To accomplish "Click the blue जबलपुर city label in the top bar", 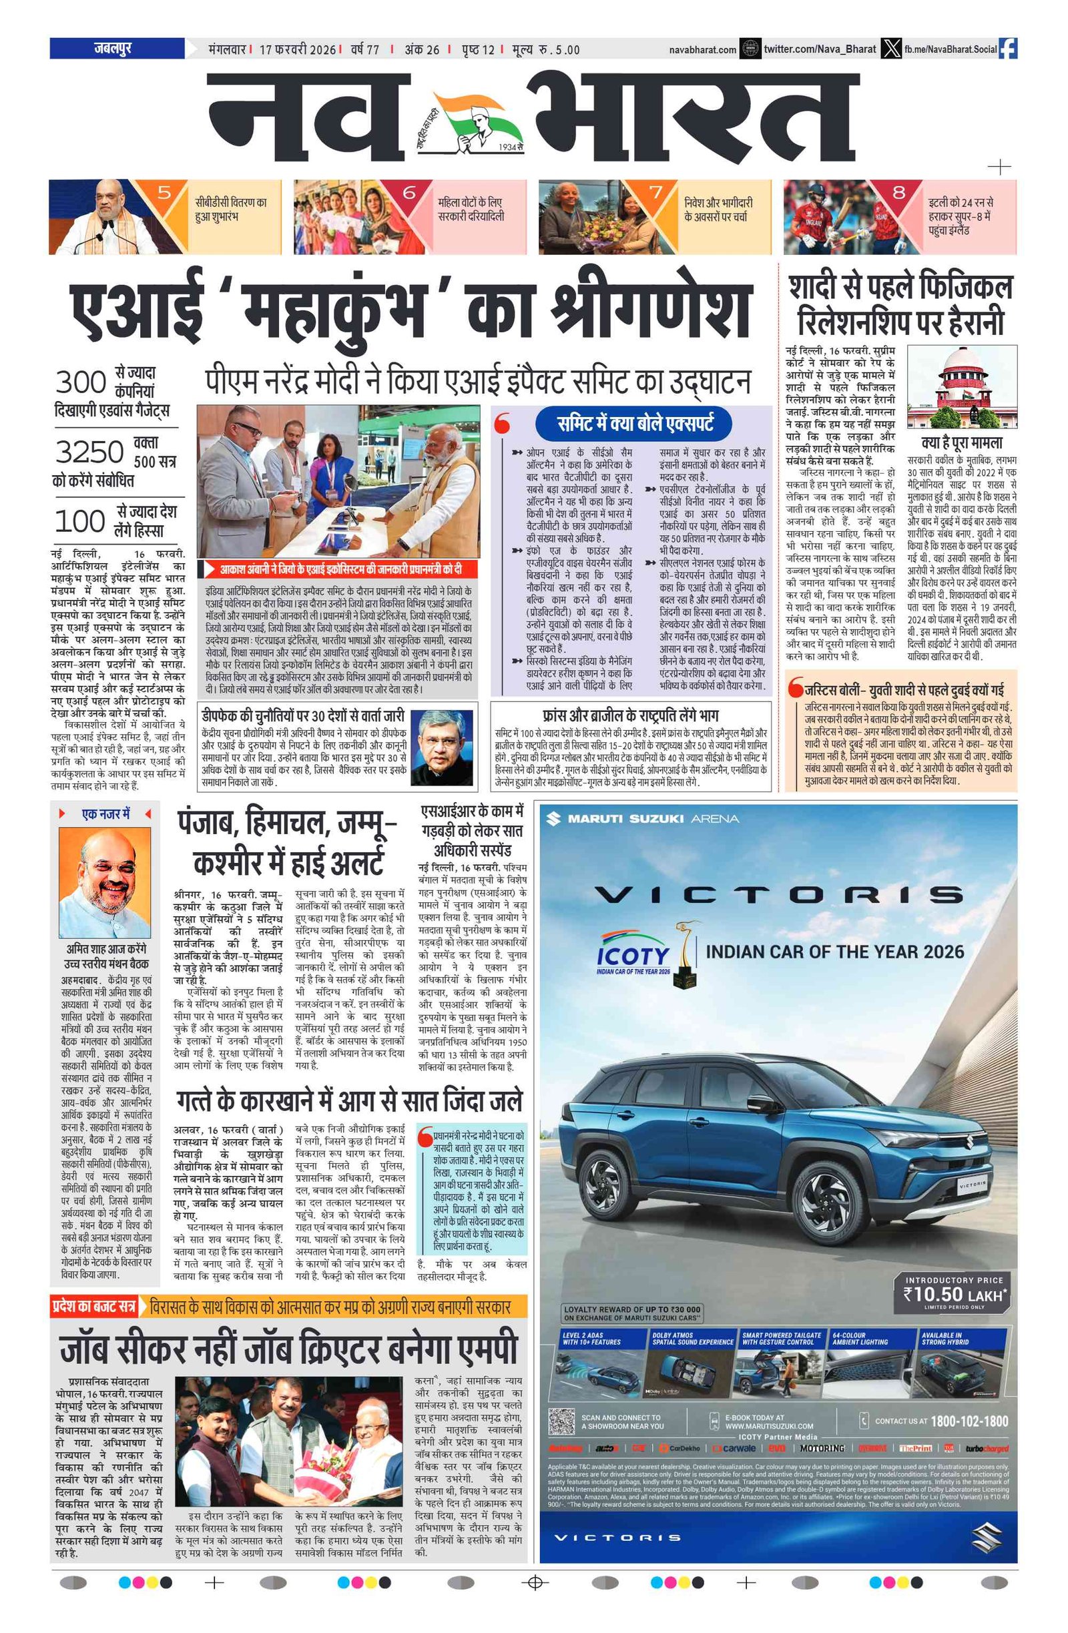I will [x=113, y=48].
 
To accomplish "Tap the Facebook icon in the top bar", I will [x=1008, y=49].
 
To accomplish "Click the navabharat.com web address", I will [x=703, y=49].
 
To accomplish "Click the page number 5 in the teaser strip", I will [x=164, y=193].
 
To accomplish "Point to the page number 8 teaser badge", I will [x=898, y=193].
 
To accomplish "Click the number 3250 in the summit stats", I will [x=89, y=452].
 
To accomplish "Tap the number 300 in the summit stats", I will [x=80, y=382].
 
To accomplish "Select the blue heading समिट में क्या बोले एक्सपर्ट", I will [x=634, y=423].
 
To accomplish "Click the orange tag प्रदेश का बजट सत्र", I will [x=93, y=1307].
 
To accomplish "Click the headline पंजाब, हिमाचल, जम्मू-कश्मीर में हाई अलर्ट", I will [x=288, y=844].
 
